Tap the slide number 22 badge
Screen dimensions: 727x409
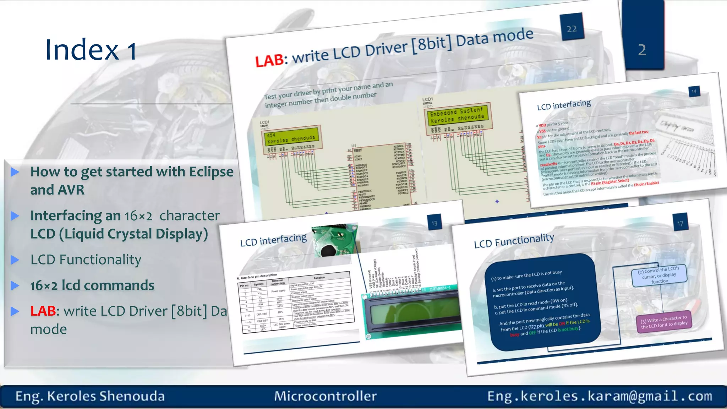(572, 28)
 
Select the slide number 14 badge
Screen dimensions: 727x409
(694, 92)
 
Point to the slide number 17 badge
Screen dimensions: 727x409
(680, 223)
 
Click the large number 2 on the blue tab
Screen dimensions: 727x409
(642, 50)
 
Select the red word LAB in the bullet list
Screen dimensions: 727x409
(43, 311)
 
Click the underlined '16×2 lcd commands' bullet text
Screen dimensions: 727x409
(92, 285)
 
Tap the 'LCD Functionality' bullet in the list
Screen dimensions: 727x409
(86, 260)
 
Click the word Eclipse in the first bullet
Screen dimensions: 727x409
(211, 172)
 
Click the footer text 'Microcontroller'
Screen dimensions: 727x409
(325, 396)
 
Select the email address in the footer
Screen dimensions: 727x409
(600, 396)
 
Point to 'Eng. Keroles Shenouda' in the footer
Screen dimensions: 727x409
(90, 396)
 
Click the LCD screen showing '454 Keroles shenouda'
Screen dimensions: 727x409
(291, 137)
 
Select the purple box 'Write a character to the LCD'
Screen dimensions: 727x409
(664, 322)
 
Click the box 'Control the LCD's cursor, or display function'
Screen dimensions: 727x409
(659, 275)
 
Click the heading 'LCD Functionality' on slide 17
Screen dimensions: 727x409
(514, 241)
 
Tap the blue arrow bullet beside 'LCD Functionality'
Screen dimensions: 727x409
(15, 260)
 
